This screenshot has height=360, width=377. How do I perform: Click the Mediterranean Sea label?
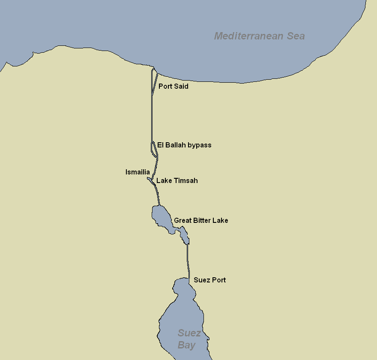(x=259, y=36)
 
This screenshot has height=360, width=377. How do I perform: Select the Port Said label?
(x=173, y=87)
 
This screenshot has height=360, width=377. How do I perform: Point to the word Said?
(x=181, y=87)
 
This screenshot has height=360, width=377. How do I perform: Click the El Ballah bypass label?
(x=184, y=145)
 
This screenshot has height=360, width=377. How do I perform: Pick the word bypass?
(x=199, y=145)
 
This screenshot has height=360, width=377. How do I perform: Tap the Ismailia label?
(x=138, y=172)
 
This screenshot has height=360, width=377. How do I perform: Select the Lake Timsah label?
(x=177, y=181)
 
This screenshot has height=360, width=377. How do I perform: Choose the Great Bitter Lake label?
(x=201, y=221)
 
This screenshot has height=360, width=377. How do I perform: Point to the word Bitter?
(x=203, y=221)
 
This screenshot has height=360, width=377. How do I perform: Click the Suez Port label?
(x=209, y=280)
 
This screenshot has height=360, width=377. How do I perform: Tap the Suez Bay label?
(x=188, y=339)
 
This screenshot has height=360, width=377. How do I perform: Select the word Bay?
(x=187, y=345)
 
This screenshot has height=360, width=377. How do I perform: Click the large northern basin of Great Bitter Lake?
(x=161, y=216)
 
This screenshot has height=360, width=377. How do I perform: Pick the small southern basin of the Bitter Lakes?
(x=184, y=235)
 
